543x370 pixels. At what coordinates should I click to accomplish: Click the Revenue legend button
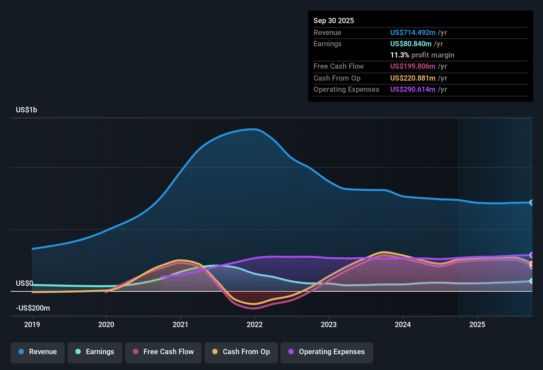click(38, 352)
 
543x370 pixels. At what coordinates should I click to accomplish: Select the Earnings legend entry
click(95, 352)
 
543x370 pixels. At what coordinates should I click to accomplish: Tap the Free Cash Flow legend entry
click(163, 352)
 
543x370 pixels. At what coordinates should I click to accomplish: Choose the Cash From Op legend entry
click(241, 352)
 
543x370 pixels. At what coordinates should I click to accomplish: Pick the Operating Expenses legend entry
click(327, 352)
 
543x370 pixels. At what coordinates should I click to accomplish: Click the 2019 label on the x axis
click(32, 324)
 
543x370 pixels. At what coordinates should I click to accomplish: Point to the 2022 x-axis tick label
click(255, 324)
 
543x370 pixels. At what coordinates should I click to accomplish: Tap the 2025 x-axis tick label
click(477, 324)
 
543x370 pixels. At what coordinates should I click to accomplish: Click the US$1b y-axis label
click(26, 110)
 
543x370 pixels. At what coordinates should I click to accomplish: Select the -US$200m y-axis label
click(33, 308)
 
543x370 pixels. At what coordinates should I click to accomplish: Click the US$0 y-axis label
click(24, 283)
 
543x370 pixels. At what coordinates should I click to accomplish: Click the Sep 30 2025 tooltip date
click(334, 20)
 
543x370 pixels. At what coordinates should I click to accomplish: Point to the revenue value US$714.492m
click(413, 32)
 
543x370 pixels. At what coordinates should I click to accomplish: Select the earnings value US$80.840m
click(411, 44)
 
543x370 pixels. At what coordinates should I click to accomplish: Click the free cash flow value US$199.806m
click(413, 66)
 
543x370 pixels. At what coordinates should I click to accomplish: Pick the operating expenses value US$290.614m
click(413, 89)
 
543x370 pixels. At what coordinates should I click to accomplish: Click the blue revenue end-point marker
click(531, 203)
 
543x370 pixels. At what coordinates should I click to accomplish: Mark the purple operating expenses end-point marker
click(531, 255)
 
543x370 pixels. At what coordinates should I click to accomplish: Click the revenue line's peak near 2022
click(254, 129)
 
